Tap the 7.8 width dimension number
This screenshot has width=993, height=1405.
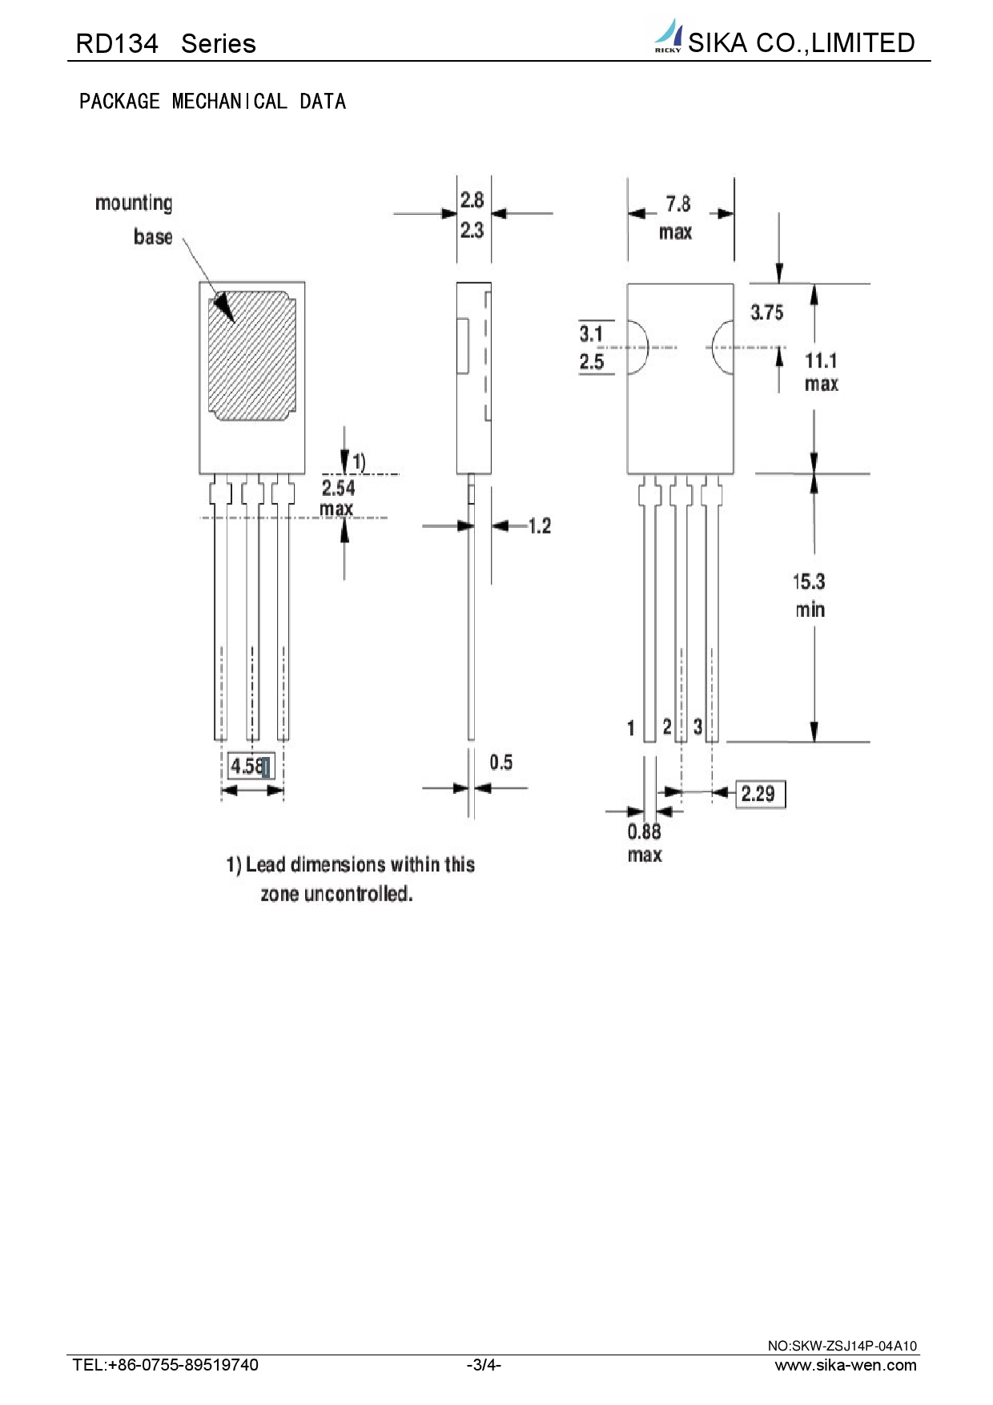pyautogui.click(x=678, y=204)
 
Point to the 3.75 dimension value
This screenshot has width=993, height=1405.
pyautogui.click(x=766, y=312)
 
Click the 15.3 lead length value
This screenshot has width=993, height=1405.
pyautogui.click(x=809, y=582)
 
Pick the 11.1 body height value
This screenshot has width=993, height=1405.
pyautogui.click(x=821, y=361)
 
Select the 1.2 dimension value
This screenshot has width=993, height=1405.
pyautogui.click(x=540, y=525)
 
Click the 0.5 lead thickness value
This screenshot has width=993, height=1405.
pyautogui.click(x=501, y=762)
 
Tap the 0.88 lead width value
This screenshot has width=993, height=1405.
pyautogui.click(x=645, y=831)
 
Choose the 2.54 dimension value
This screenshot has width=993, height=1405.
pyautogui.click(x=338, y=488)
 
